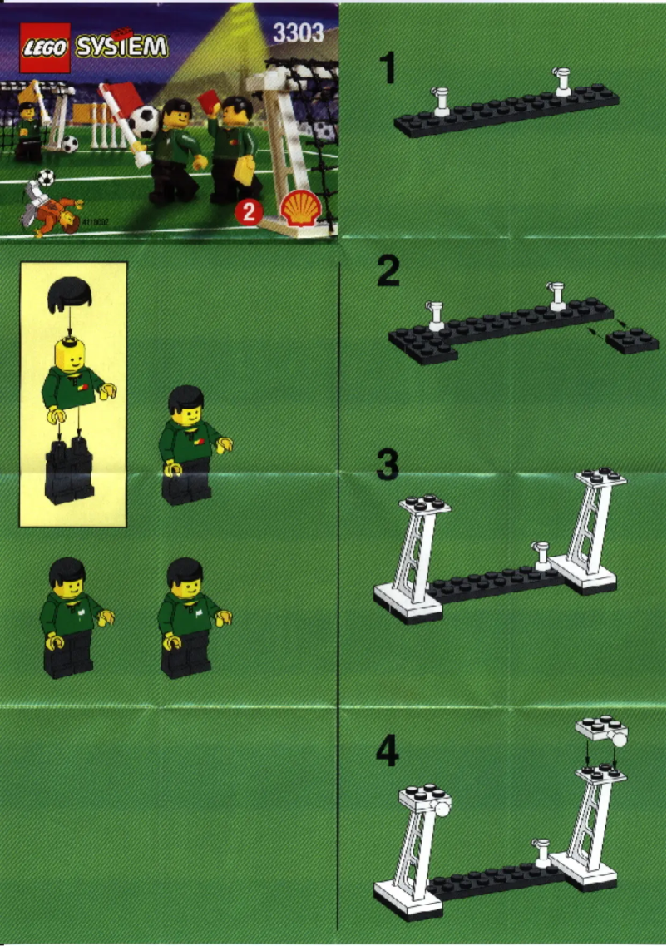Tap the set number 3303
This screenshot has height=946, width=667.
298,35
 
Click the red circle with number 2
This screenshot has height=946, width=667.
247,213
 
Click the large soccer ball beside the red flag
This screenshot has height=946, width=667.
144,121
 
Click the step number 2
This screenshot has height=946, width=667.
388,271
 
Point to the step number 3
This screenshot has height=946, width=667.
388,466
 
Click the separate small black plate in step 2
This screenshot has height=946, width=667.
632,339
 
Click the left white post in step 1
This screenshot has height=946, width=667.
440,101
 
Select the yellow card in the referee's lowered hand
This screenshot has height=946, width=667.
245,170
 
